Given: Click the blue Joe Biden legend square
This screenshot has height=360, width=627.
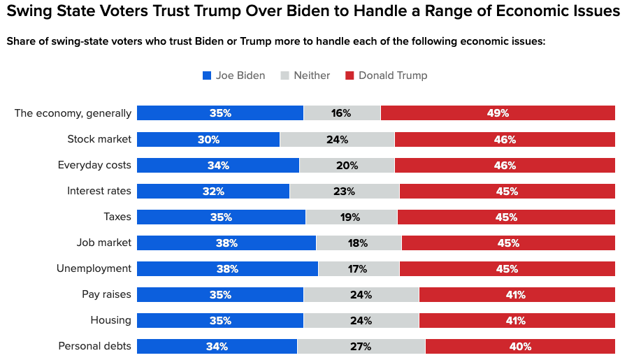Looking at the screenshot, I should pos(207,75).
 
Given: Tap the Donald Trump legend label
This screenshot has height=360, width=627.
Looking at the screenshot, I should pos(392,75).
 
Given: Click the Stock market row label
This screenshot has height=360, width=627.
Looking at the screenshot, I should pos(99,139).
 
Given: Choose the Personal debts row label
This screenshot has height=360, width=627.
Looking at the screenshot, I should pos(94,346).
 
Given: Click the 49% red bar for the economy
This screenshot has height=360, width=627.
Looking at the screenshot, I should pos(498,113).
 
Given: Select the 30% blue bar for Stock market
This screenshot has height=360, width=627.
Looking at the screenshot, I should pos(208,139).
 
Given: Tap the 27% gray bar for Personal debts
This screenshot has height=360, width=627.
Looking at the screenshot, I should pos(361,346).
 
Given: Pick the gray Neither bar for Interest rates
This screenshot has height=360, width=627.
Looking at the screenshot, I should pos(344,191).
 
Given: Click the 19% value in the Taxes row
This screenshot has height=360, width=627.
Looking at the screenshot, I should pos(350,217).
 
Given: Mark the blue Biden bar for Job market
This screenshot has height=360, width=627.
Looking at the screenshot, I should pos(226,243).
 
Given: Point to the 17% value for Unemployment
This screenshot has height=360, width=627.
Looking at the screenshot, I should pos(358,269).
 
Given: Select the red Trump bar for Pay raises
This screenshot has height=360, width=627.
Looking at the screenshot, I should pos(517,295).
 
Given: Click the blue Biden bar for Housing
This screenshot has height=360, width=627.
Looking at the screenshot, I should pos(220,321).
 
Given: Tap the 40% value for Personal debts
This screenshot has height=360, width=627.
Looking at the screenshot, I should pos(520,347).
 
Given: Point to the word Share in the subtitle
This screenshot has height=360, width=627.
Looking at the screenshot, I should pos(22,41).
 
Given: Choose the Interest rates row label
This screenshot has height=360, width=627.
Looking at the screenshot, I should pos(99,191).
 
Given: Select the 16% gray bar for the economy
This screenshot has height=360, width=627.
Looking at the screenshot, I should pos(341,113).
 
